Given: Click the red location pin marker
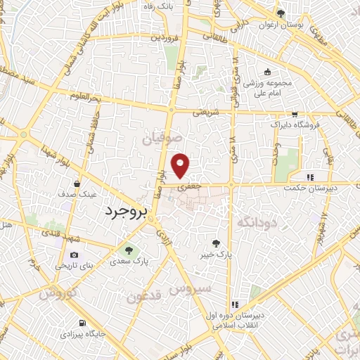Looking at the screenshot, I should (181, 165).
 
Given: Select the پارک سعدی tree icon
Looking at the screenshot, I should (128, 249).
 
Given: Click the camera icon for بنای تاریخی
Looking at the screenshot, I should (74, 257).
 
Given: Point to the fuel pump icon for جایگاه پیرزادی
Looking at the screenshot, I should (82, 323).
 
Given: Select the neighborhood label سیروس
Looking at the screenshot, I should (193, 289).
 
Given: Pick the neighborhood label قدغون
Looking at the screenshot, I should (145, 296).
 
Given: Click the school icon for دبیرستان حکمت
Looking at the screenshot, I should (310, 177).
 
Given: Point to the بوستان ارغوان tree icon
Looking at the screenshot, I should (281, 13).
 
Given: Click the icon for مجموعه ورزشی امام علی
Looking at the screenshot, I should (266, 72).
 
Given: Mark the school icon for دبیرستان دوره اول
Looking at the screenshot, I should (235, 305).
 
